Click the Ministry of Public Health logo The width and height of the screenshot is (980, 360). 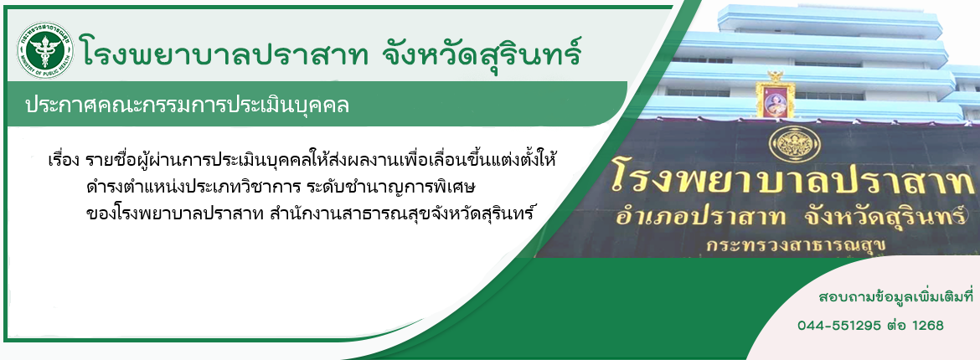tap(45, 50)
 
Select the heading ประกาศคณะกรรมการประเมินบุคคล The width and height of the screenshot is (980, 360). tap(187, 105)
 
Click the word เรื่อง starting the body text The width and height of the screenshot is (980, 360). tap(63, 160)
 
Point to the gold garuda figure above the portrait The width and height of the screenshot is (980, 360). tap(776, 76)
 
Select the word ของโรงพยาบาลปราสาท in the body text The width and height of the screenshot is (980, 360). tap(176, 213)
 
